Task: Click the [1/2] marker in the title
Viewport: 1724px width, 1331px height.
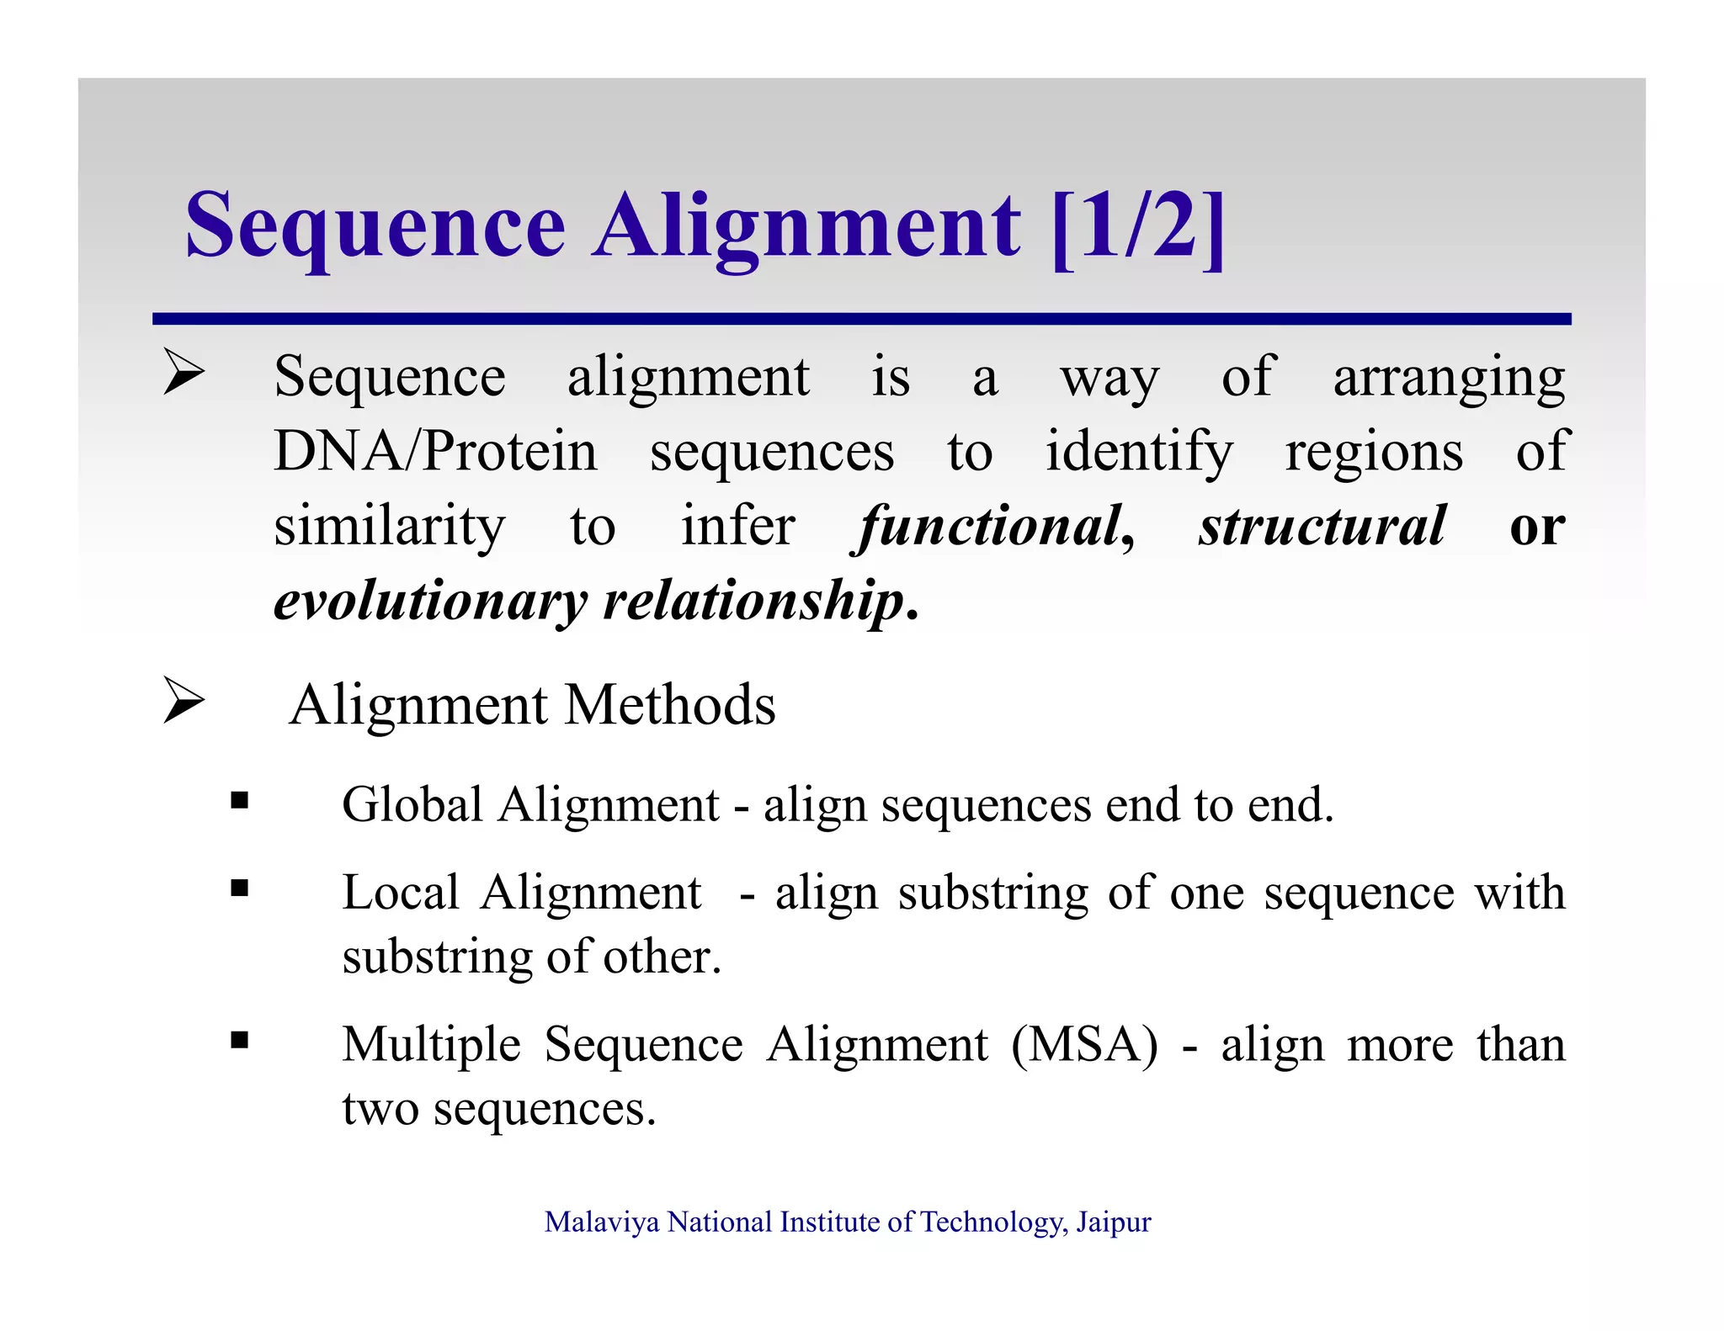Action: pos(1138,227)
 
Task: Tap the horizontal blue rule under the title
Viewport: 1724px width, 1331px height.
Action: pos(861,319)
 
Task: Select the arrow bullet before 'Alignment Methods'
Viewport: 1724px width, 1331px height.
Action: pos(184,700)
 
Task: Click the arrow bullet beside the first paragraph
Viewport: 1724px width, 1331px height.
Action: pos(184,372)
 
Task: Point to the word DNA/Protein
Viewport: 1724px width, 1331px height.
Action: pos(435,452)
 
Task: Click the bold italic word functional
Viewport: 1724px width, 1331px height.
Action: pos(991,527)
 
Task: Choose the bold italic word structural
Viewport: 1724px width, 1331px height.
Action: pos(1322,527)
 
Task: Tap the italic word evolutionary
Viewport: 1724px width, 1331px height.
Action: pos(430,601)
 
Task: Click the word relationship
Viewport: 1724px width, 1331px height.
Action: pos(754,601)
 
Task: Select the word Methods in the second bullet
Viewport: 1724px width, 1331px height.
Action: pos(669,705)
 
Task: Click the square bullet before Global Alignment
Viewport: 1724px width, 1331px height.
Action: pos(240,800)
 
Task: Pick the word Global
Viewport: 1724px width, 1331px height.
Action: pos(412,804)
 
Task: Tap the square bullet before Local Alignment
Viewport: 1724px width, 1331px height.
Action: pos(240,888)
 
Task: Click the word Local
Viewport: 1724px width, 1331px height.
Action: pos(400,893)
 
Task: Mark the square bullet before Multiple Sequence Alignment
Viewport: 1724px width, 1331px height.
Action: pos(240,1041)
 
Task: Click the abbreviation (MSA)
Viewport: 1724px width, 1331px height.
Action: pos(1084,1046)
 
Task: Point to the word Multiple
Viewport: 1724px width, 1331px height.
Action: pos(431,1046)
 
